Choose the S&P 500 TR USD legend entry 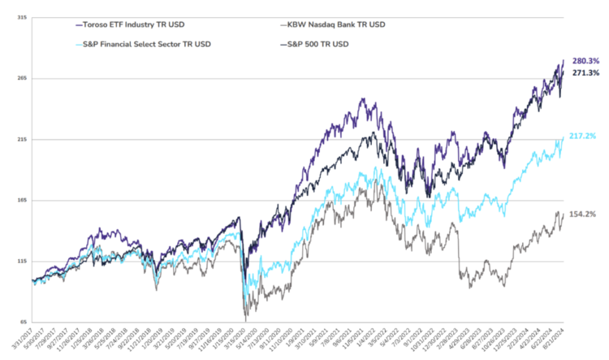point(317,44)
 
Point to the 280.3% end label point(585,61)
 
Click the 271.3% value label point(585,73)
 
